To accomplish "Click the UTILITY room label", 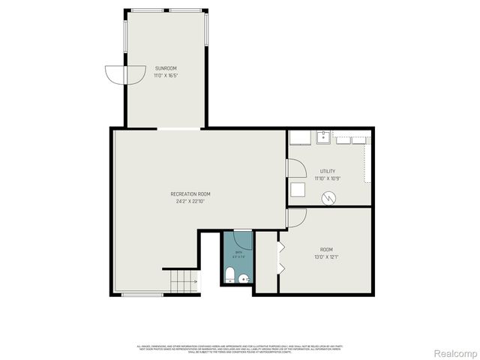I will point(328,171).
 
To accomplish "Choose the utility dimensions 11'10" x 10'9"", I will point(328,178).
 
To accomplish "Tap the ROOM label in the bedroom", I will point(326,250).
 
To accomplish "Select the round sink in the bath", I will point(244,279).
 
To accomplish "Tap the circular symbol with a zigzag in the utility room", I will point(328,197).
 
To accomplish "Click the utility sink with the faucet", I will point(322,137).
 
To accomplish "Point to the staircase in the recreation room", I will point(182,280).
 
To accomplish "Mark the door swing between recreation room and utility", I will point(292,171).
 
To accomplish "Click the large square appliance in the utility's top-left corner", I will point(298,138).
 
